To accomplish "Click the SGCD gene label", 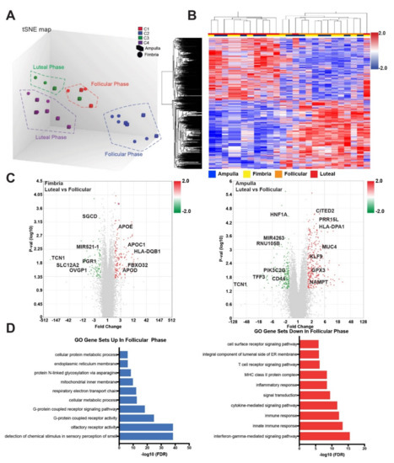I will click(x=83, y=216).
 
